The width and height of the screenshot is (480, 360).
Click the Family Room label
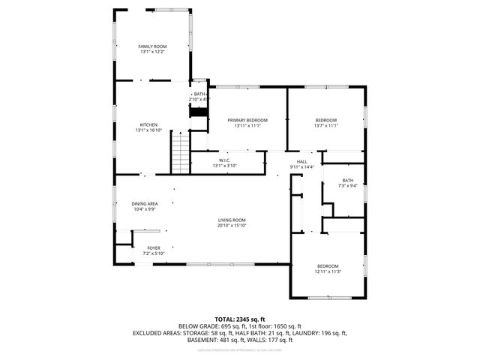pos(151,46)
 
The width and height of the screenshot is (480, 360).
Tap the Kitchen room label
pos(148,124)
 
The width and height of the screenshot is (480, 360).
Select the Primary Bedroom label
pos(247,120)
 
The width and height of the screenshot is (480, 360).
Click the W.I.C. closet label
pos(224,160)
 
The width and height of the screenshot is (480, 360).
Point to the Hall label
pos(301,161)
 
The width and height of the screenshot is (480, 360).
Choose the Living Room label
pos(231,220)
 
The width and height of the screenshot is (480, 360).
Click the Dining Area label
pos(144,204)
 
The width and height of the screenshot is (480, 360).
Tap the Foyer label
pos(153,248)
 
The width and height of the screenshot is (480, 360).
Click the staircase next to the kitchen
pos(181,150)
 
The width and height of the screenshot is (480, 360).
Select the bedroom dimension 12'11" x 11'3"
pos(327,271)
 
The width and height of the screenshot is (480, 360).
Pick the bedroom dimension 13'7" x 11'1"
pos(325,126)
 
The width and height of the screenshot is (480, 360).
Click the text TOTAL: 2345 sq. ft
pos(240,319)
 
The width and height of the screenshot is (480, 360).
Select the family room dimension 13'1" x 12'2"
pos(151,52)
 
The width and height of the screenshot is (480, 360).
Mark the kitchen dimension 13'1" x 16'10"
pos(148,130)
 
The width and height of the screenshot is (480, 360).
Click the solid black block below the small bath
pos(199,112)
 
